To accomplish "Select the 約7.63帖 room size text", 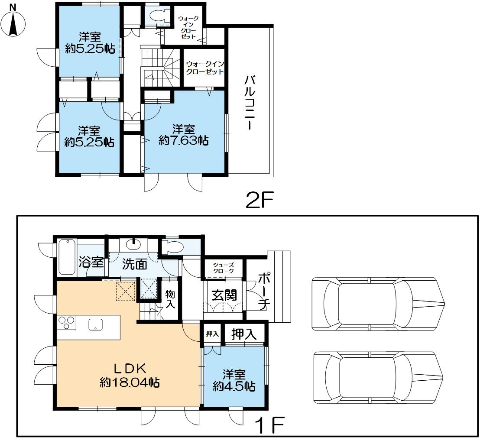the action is point(184,141).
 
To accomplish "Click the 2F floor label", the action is point(259,200).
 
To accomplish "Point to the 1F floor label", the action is point(270,424).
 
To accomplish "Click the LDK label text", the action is point(130,369).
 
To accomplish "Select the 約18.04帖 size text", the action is point(130,382).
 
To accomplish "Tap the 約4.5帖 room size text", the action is point(234,386).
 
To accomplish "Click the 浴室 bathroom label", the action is point(91,262).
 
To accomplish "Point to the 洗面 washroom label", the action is point(135,264).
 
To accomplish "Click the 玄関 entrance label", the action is point(224,295).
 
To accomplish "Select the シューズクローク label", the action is point(224,268).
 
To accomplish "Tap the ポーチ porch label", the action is point(263,291).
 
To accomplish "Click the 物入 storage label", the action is point(170,299).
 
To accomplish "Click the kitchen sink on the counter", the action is point(96,324).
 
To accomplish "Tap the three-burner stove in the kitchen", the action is point(67,323).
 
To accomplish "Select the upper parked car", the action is point(378,304).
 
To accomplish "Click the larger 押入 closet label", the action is point(244,334).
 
